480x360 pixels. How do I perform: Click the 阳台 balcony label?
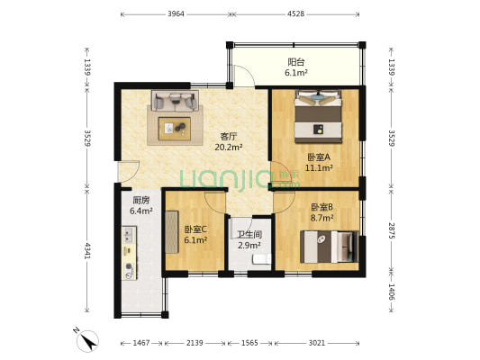296,62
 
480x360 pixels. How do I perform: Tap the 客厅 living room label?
229,136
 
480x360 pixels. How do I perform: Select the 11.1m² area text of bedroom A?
319,167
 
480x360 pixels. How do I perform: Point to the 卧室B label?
322,207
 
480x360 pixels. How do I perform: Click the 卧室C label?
195,229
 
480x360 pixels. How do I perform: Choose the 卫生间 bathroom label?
249,235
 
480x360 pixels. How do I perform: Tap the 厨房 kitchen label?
141,201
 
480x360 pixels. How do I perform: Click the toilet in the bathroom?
262,259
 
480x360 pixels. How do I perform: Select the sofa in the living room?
175,101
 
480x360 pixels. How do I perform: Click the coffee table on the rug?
175,129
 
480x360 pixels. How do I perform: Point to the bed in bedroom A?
318,116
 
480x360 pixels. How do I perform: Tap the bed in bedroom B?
329,247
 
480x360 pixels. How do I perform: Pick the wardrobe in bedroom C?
172,232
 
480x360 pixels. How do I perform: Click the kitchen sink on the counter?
129,235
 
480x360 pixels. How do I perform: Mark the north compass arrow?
89,342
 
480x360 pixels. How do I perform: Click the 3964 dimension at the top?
176,14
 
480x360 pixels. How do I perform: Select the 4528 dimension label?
295,14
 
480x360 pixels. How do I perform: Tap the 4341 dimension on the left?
87,251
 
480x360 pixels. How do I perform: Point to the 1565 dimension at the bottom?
249,343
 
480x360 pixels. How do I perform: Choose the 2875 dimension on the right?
392,231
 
